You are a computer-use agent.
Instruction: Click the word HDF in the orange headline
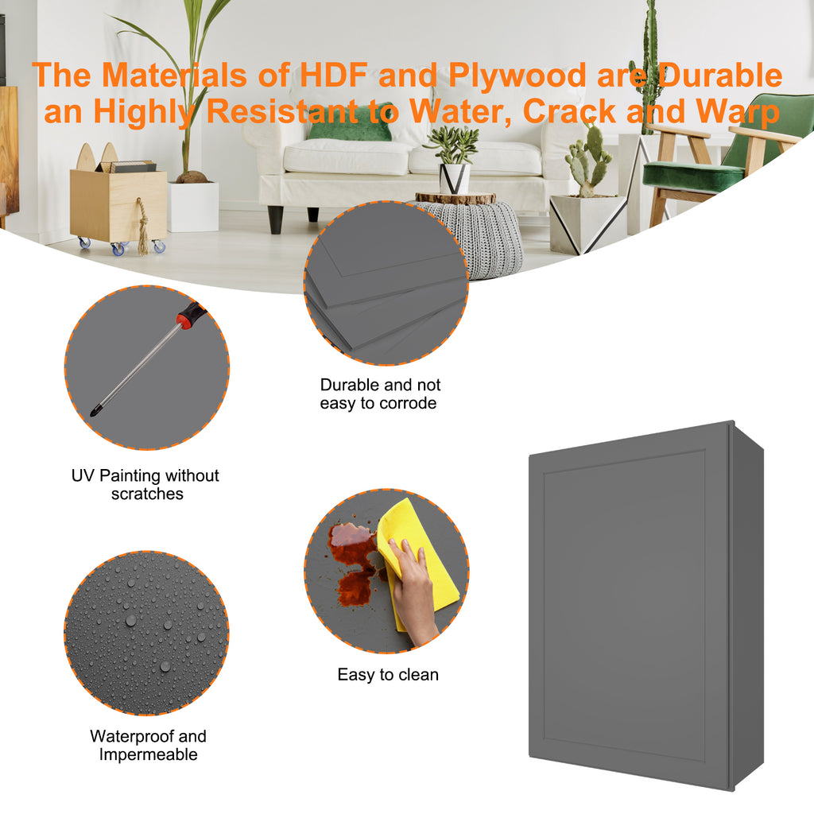[x=334, y=75]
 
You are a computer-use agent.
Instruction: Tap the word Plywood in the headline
[x=518, y=76]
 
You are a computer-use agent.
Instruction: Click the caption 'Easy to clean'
[x=388, y=674]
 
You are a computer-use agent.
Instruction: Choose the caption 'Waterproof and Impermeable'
[x=148, y=745]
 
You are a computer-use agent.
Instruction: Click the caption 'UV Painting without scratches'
[x=145, y=484]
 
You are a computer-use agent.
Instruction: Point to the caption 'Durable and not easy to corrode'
[x=379, y=394]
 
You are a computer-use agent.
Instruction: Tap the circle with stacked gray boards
[x=386, y=284]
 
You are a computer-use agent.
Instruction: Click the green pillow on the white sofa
[x=350, y=127]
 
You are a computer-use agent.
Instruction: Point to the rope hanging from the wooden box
[x=141, y=227]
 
